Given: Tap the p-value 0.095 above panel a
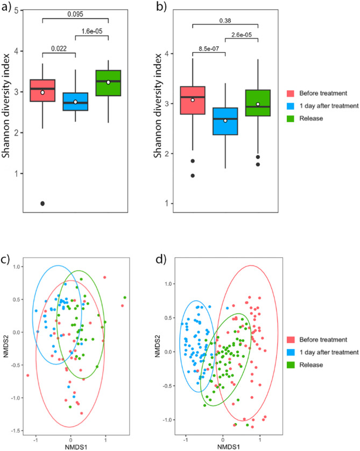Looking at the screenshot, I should point(76,15).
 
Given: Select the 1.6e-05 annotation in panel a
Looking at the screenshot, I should point(92,32).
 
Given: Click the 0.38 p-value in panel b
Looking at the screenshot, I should point(226,22).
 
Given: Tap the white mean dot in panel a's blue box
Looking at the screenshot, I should point(76,102).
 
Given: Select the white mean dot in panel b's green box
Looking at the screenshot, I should point(258,104).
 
